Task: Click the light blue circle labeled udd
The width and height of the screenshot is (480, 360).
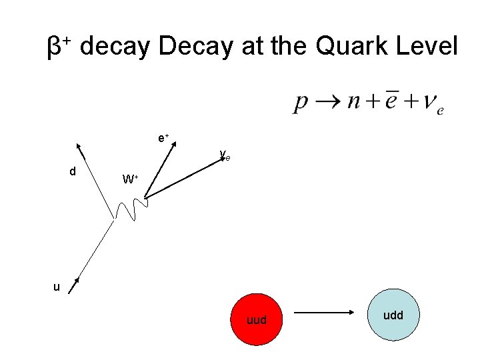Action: (393, 315)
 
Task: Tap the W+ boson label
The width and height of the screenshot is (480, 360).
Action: (129, 179)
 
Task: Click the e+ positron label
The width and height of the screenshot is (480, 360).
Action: (163, 138)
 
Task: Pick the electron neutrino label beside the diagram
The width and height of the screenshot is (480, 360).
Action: (225, 157)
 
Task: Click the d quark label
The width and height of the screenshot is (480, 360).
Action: (73, 171)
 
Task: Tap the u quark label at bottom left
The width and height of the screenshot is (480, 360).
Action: (57, 287)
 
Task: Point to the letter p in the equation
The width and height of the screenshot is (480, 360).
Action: (301, 103)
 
